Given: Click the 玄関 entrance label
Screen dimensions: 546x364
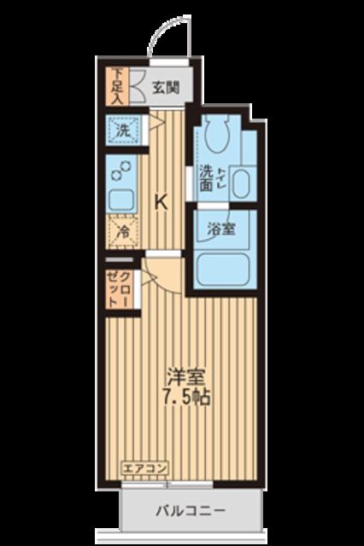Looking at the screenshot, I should coord(167,86).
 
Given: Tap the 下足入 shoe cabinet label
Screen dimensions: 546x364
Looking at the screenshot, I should coord(116,85).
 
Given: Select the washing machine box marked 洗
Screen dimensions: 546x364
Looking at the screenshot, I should coord(122,132).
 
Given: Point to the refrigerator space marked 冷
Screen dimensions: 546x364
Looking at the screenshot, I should coord(122,231).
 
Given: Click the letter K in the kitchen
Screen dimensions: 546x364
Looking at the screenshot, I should coord(160,201).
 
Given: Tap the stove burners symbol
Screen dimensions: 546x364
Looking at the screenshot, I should coord(120,171).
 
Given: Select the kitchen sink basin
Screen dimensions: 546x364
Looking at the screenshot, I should coord(120,201).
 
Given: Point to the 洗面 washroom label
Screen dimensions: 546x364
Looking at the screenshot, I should coord(207,177).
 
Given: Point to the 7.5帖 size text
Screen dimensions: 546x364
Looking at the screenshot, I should coord(185,398).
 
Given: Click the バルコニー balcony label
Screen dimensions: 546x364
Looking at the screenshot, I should coord(191,512).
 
